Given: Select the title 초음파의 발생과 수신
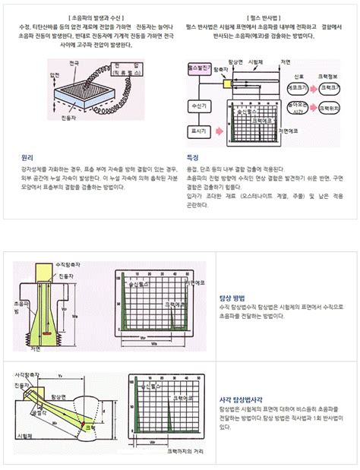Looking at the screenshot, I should click(93, 15).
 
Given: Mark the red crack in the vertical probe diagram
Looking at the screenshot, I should click(47, 333).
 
